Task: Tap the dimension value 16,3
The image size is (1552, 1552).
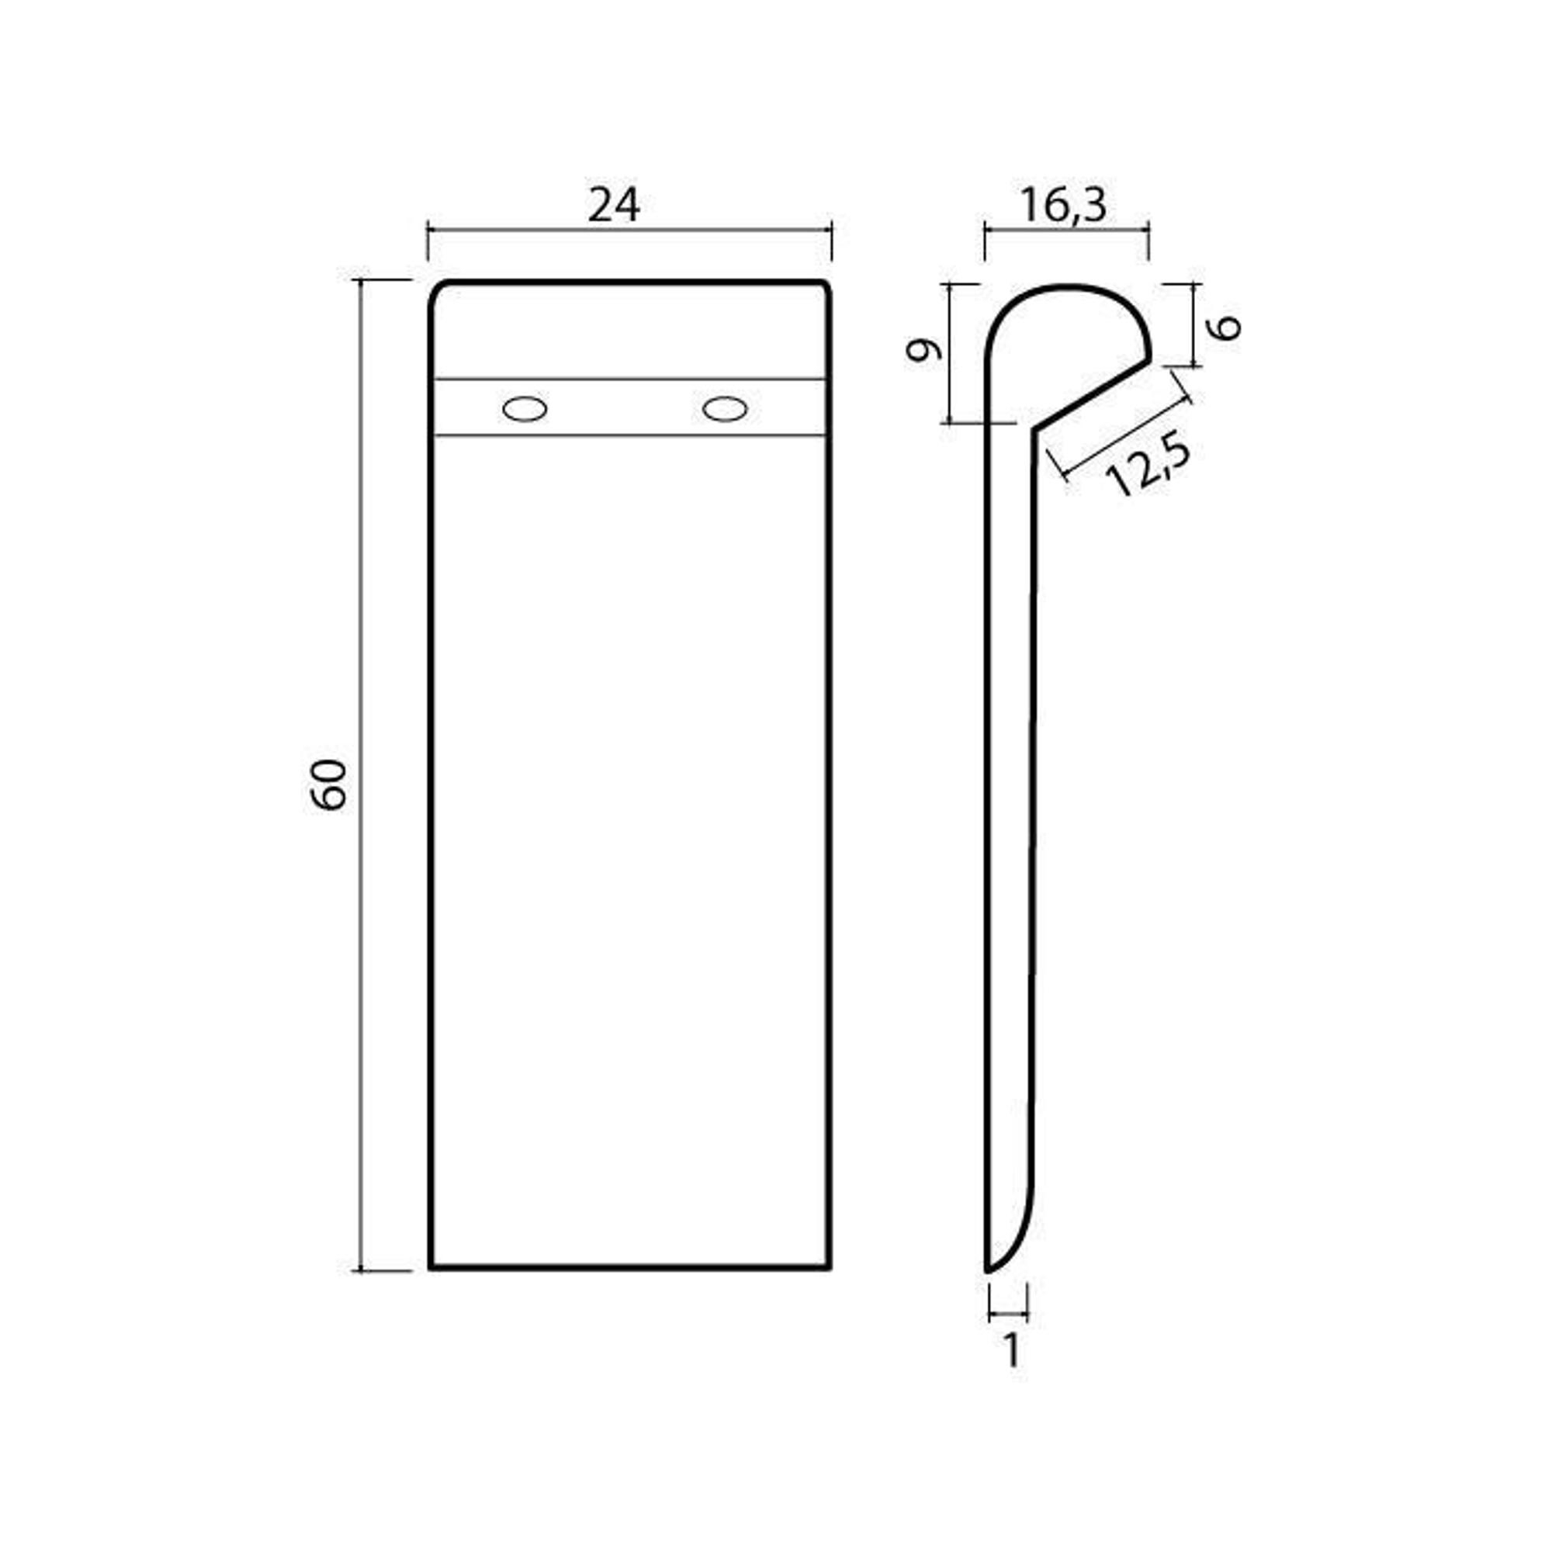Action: (x=1064, y=206)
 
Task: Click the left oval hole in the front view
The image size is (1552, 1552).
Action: (x=525, y=409)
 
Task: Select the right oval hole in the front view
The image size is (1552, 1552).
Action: (x=725, y=409)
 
